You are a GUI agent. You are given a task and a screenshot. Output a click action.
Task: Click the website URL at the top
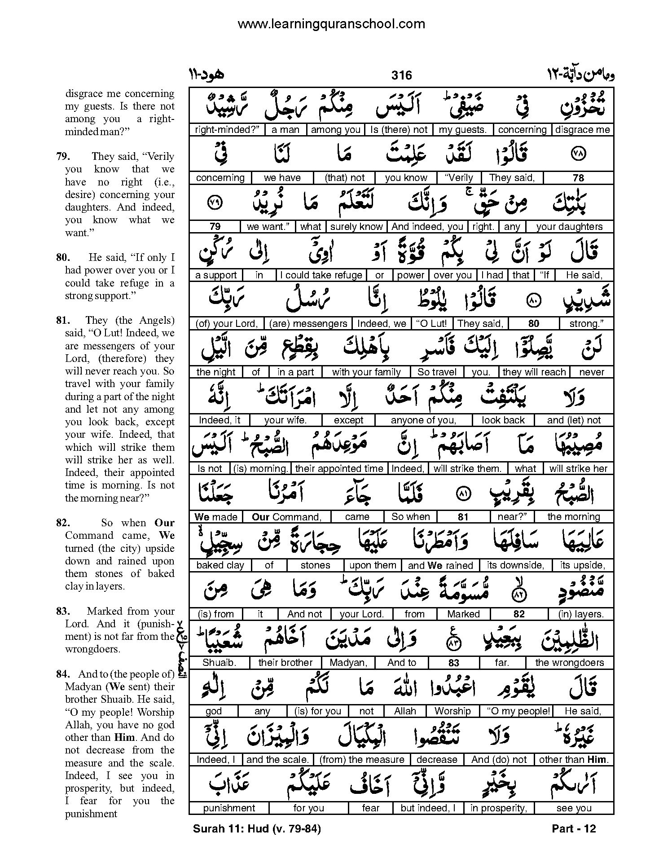331,24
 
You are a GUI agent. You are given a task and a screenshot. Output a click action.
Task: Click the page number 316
401,75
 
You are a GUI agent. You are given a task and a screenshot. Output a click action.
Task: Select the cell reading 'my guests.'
462,130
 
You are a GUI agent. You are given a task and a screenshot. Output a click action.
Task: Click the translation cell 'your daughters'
569,227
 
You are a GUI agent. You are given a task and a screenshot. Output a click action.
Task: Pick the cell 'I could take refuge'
321,275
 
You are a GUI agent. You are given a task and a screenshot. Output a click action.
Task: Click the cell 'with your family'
366,372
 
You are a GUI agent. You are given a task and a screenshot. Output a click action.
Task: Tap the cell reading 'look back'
503,420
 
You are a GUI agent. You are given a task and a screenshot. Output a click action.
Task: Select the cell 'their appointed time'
339,469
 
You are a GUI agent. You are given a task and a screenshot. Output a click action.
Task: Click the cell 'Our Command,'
286,517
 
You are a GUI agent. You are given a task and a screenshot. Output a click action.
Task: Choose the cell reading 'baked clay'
220,565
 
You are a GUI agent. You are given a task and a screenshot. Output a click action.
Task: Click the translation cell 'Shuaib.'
219,663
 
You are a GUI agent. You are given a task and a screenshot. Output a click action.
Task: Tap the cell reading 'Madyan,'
348,663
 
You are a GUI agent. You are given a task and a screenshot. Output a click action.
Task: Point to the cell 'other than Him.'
573,760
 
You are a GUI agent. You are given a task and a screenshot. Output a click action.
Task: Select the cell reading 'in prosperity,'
497,808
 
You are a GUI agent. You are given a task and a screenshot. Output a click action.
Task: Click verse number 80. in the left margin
63,258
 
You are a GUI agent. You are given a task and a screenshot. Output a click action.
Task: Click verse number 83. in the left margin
63,611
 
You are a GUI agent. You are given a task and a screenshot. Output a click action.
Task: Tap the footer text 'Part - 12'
574,829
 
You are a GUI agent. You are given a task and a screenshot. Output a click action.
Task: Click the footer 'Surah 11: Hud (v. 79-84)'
257,829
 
